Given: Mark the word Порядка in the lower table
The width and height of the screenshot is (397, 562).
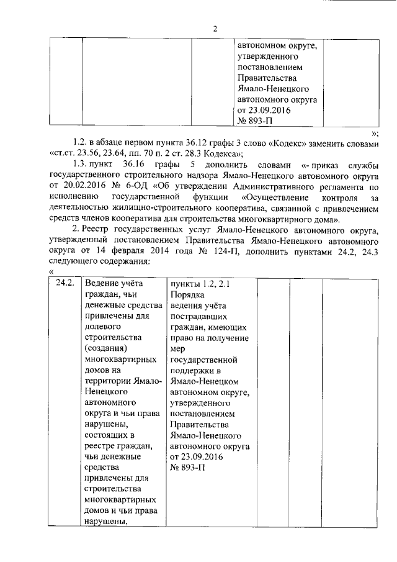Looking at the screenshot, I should pos(186,295).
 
